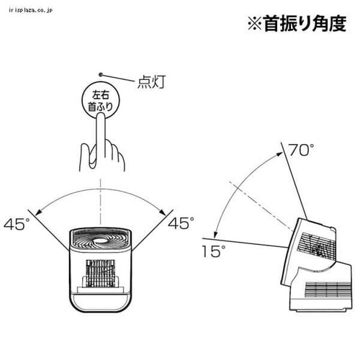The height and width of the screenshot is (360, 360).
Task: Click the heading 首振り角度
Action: click(305, 24)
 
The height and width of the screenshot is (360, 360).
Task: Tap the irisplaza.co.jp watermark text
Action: click(30, 10)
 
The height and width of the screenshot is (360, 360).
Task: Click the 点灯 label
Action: click(151, 82)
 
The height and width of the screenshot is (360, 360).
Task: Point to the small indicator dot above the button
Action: click(101, 75)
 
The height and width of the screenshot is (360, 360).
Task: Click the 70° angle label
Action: click(301, 150)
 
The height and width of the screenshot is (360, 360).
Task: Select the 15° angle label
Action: click(213, 251)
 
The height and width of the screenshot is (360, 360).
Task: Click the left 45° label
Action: click(17, 224)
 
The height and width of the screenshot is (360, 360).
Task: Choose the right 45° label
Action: click(181, 223)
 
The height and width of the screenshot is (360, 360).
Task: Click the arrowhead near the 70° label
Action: click(280, 153)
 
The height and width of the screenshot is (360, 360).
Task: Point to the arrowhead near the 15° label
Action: click(215, 234)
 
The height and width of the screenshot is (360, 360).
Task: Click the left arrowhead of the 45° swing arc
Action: click(38, 212)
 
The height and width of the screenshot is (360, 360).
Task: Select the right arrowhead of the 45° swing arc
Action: click(163, 212)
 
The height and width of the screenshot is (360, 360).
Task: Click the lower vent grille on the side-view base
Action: click(328, 289)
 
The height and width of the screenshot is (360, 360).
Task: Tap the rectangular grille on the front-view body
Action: click(100, 273)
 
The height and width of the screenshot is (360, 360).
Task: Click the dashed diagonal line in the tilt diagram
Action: click(261, 206)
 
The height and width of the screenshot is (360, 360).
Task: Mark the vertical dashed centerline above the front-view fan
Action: click(101, 201)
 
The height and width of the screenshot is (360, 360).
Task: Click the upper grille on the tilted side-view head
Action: click(317, 247)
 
